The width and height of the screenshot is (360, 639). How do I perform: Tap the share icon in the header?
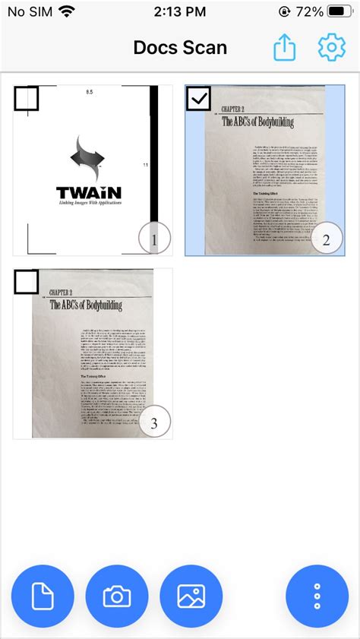[283, 48]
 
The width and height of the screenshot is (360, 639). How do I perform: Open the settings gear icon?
[331, 48]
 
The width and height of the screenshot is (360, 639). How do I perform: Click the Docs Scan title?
[180, 48]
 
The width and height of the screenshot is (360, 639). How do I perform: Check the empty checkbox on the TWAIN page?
[26, 99]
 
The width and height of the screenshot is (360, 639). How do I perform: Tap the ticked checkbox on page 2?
[198, 99]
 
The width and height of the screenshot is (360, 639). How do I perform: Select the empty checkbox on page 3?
[26, 282]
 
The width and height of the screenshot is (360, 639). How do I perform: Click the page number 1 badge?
[154, 241]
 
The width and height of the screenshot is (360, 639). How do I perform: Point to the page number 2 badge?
[326, 240]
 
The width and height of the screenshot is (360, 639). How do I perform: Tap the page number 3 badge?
[154, 424]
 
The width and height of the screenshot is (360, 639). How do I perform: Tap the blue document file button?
[43, 596]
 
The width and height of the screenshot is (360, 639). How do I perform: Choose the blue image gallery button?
[191, 596]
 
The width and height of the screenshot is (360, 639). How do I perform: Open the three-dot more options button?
[317, 596]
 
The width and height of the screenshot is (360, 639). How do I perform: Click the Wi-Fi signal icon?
[66, 12]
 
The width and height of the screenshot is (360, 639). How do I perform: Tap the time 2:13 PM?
[179, 12]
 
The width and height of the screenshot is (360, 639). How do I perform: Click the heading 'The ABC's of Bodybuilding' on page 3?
[85, 305]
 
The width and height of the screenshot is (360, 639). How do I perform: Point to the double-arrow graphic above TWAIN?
[87, 159]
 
